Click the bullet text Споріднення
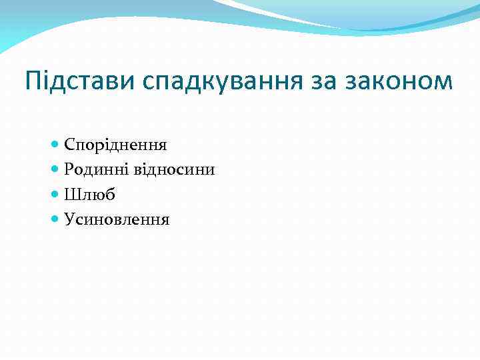coord(115,145)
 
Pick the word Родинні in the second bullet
coord(94,169)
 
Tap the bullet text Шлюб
coord(90,194)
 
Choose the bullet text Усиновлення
coord(117,219)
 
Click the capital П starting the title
coord(33,81)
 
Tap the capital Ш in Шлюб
coord(71,194)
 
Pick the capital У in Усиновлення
coord(69,219)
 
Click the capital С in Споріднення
coord(69,144)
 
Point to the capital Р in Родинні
coord(69,169)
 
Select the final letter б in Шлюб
coord(111,194)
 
